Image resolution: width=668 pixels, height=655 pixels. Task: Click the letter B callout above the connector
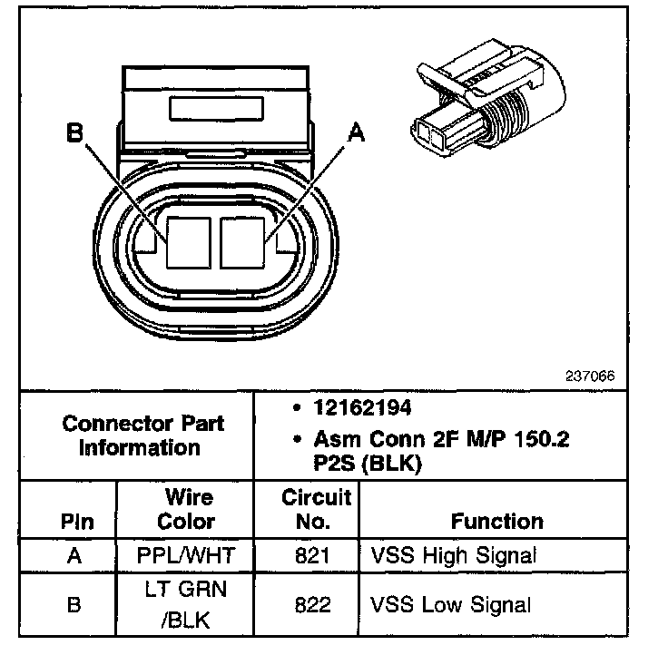pos(74,135)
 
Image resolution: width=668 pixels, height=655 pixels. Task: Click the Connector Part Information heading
pos(143,435)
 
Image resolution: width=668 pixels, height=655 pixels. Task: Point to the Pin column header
pos(76,522)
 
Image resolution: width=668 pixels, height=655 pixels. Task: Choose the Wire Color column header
pos(187,509)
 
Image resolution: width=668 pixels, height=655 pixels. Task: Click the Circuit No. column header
pos(315,509)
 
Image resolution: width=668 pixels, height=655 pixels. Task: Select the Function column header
pos(496,522)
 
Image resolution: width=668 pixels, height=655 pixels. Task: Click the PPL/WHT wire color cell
pos(187,555)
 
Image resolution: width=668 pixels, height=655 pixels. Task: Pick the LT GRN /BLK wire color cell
pos(187,602)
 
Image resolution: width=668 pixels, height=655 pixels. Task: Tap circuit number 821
pos(315,555)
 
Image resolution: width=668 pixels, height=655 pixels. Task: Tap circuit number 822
pos(315,603)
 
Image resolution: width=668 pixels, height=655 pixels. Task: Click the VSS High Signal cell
pos(453,555)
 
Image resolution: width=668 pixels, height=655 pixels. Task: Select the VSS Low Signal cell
pos(451,603)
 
